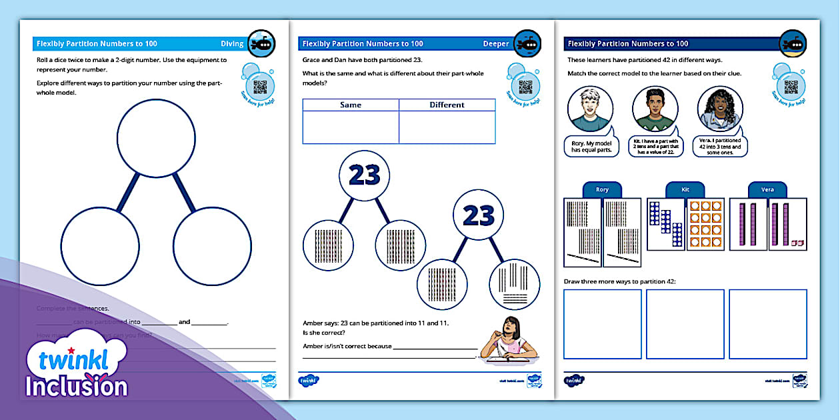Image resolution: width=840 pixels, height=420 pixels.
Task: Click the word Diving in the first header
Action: tap(232, 44)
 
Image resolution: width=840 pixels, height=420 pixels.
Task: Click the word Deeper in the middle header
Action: tap(495, 44)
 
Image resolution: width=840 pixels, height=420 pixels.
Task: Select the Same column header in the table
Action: tap(351, 105)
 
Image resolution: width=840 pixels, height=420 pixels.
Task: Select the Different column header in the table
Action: tap(447, 105)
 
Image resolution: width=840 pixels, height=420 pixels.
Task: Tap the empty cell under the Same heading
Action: tap(351, 127)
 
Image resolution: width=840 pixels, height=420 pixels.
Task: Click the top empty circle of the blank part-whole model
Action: tap(156, 139)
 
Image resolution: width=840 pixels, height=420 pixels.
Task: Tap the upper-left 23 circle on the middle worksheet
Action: tap(364, 175)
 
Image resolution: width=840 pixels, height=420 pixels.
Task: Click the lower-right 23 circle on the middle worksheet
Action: tap(478, 215)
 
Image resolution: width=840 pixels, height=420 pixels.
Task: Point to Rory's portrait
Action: tap(590, 109)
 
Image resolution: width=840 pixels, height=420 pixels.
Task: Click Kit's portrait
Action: tap(655, 109)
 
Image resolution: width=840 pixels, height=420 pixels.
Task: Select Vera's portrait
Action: tap(720, 109)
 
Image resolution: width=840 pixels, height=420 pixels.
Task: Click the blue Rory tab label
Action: tap(602, 190)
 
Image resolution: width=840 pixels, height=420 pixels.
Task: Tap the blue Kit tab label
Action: tap(685, 190)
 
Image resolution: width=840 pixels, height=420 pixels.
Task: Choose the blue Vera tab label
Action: tap(767, 190)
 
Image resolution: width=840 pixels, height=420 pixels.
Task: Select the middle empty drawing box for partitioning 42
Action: tap(685, 323)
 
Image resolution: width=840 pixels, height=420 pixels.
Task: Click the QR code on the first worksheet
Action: tap(259, 87)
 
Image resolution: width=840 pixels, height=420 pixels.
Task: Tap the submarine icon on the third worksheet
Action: tap(793, 43)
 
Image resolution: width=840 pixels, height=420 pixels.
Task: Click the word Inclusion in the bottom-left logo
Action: tap(77, 387)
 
